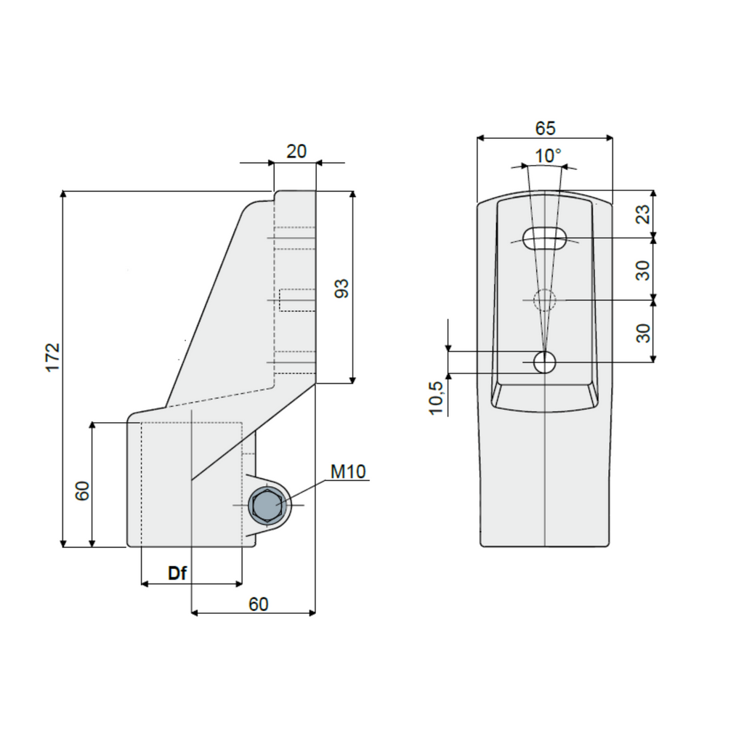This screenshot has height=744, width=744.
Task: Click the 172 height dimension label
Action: point(53,357)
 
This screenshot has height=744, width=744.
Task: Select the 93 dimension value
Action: point(341,288)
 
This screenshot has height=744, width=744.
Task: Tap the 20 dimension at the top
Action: point(296,151)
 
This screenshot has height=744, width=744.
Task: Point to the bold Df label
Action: point(177,573)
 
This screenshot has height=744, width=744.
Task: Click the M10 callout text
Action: point(348,472)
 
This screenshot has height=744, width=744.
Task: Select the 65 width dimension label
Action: point(545,128)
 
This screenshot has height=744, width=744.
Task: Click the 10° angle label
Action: point(548,155)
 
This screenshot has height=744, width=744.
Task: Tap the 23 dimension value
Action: point(643,214)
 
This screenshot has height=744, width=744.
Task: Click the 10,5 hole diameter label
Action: point(436,398)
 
